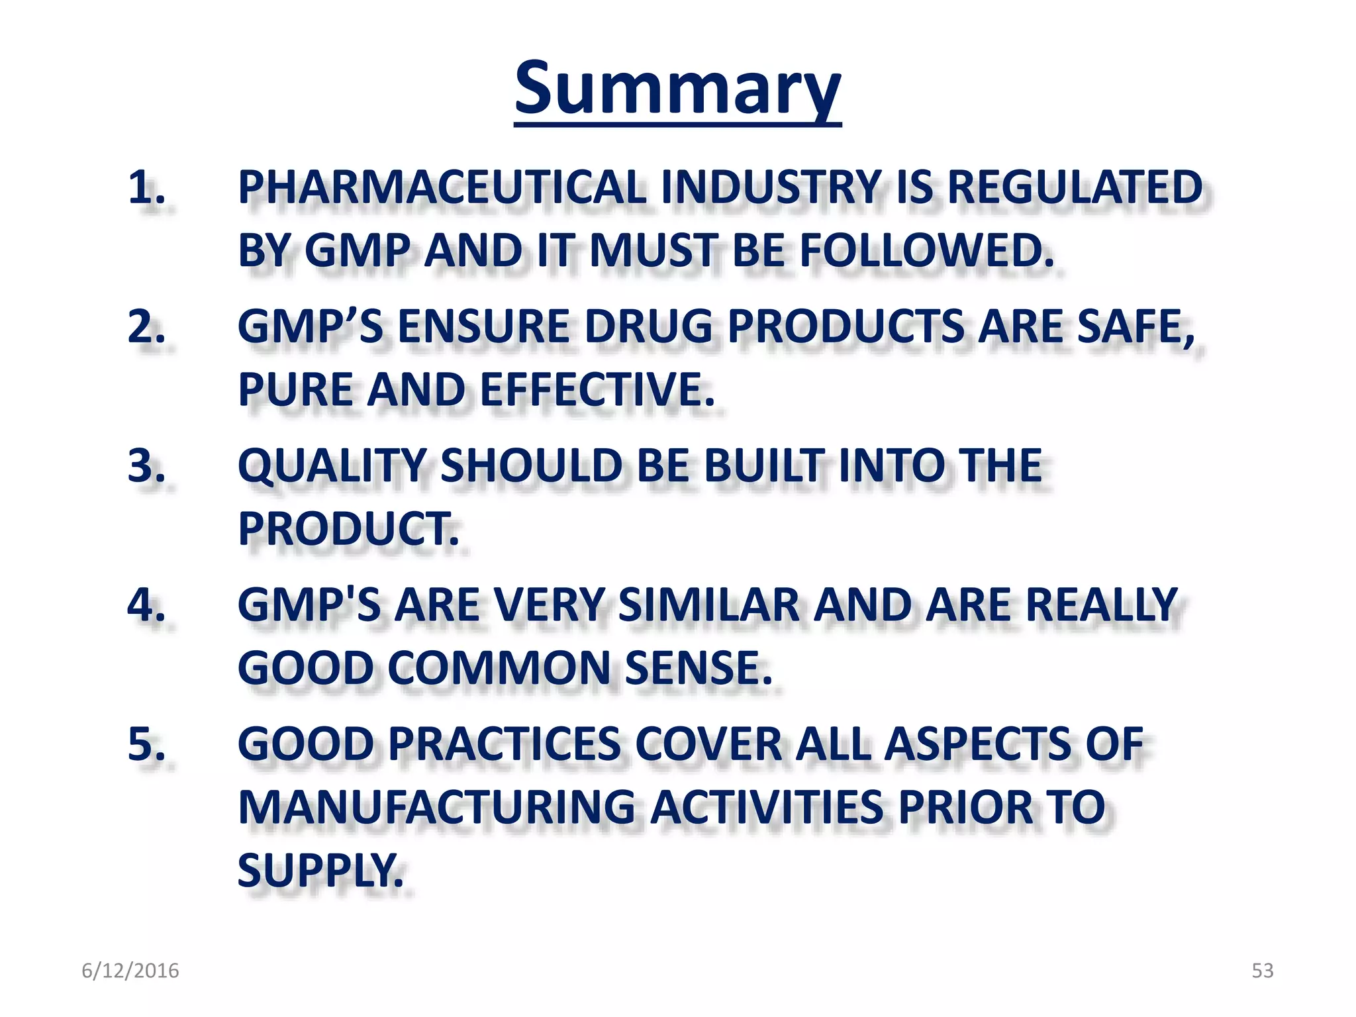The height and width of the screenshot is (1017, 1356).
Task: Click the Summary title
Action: pos(677,89)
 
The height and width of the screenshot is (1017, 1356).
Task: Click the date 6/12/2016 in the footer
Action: pos(130,971)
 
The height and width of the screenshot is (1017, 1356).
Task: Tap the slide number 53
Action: pos(1262,971)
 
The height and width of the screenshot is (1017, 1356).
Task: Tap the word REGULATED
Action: pos(1075,188)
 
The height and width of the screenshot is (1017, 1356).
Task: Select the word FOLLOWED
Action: pos(927,252)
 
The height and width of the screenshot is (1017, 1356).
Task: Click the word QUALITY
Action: pos(331,466)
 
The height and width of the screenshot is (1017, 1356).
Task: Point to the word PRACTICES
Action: pos(503,744)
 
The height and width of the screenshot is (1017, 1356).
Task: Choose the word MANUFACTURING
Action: pos(436,808)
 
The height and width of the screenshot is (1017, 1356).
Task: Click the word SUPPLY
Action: pos(320,871)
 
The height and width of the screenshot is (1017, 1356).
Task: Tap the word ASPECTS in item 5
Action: pos(977,744)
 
